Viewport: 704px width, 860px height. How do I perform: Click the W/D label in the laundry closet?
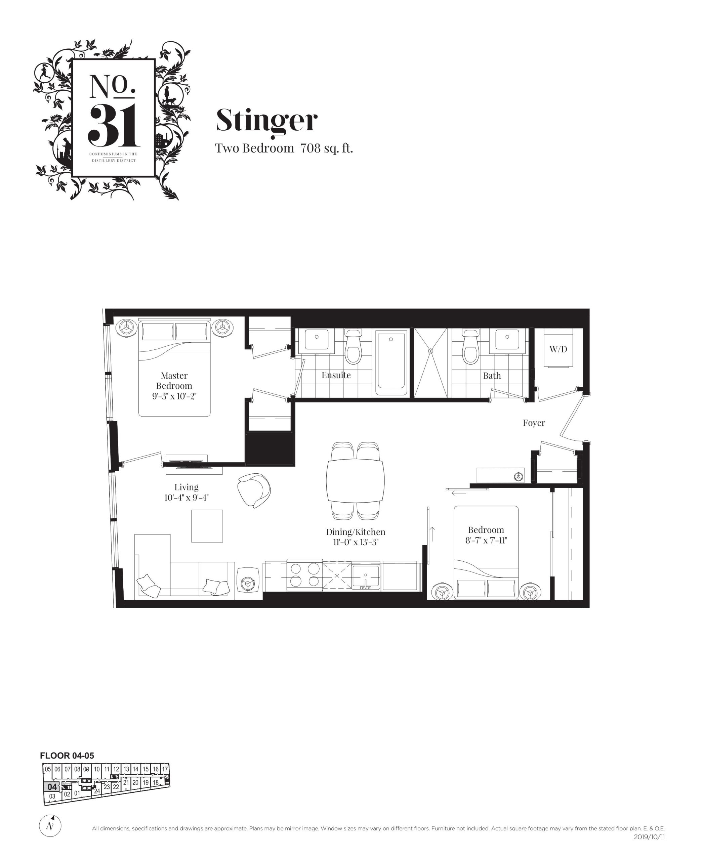558,349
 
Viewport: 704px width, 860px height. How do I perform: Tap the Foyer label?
534,423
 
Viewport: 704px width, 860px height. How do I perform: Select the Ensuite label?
336,375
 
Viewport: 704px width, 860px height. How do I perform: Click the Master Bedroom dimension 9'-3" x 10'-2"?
174,396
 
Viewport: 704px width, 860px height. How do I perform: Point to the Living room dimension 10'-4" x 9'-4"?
187,498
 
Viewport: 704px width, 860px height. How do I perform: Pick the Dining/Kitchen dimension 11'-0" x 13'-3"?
356,542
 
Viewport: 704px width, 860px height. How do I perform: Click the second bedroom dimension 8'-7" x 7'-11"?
486,540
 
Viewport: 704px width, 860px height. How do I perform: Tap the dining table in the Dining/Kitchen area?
355,481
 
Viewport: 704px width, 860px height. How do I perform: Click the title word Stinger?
266,120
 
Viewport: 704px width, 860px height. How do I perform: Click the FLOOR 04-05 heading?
67,756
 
